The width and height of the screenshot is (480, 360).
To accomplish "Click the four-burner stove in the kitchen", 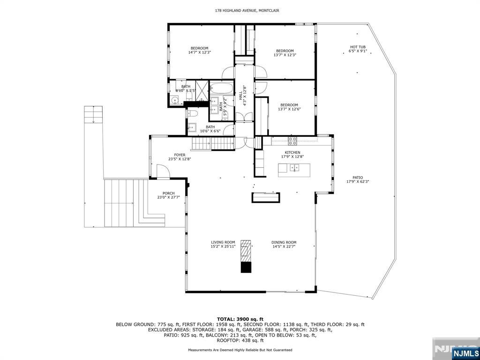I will click(292, 140).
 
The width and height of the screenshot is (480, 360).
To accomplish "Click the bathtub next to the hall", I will click(221, 88).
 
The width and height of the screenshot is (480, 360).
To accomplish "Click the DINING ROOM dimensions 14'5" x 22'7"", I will click(284, 247).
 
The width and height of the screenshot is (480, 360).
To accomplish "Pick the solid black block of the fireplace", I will click(246, 267).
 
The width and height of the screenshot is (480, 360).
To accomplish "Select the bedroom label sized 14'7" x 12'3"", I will click(199, 50).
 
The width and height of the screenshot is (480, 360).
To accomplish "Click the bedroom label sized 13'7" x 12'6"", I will click(289, 107).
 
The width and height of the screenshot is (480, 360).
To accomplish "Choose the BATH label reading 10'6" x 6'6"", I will click(210, 129).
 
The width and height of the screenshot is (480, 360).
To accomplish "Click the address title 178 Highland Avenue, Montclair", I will click(240, 10).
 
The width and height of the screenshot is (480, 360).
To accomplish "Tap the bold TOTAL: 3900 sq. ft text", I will click(240, 319).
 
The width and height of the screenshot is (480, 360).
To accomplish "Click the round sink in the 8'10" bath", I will click(174, 99).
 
